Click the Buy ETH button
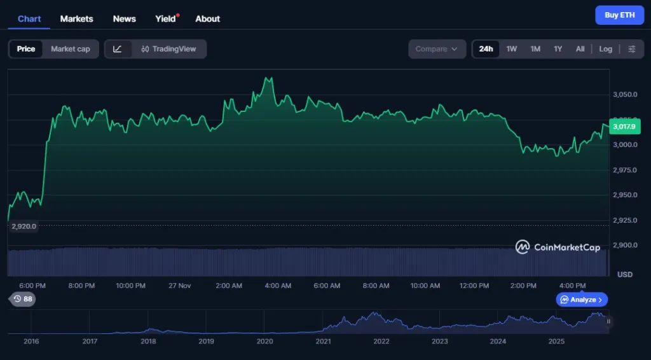(619, 15)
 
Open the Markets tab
(76, 18)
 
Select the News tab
(124, 18)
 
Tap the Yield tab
(165, 18)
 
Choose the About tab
(207, 18)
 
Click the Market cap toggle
(70, 49)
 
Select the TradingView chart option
(168, 49)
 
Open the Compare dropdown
(437, 49)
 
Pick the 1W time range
(511, 49)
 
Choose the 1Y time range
(558, 49)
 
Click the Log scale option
(605, 49)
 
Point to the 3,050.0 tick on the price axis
(625, 94)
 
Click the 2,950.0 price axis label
(625, 195)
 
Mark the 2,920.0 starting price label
(24, 226)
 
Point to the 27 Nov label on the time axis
(180, 286)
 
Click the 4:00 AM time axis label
(278, 286)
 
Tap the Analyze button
(582, 300)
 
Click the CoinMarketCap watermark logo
(558, 247)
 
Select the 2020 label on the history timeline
(264, 342)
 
